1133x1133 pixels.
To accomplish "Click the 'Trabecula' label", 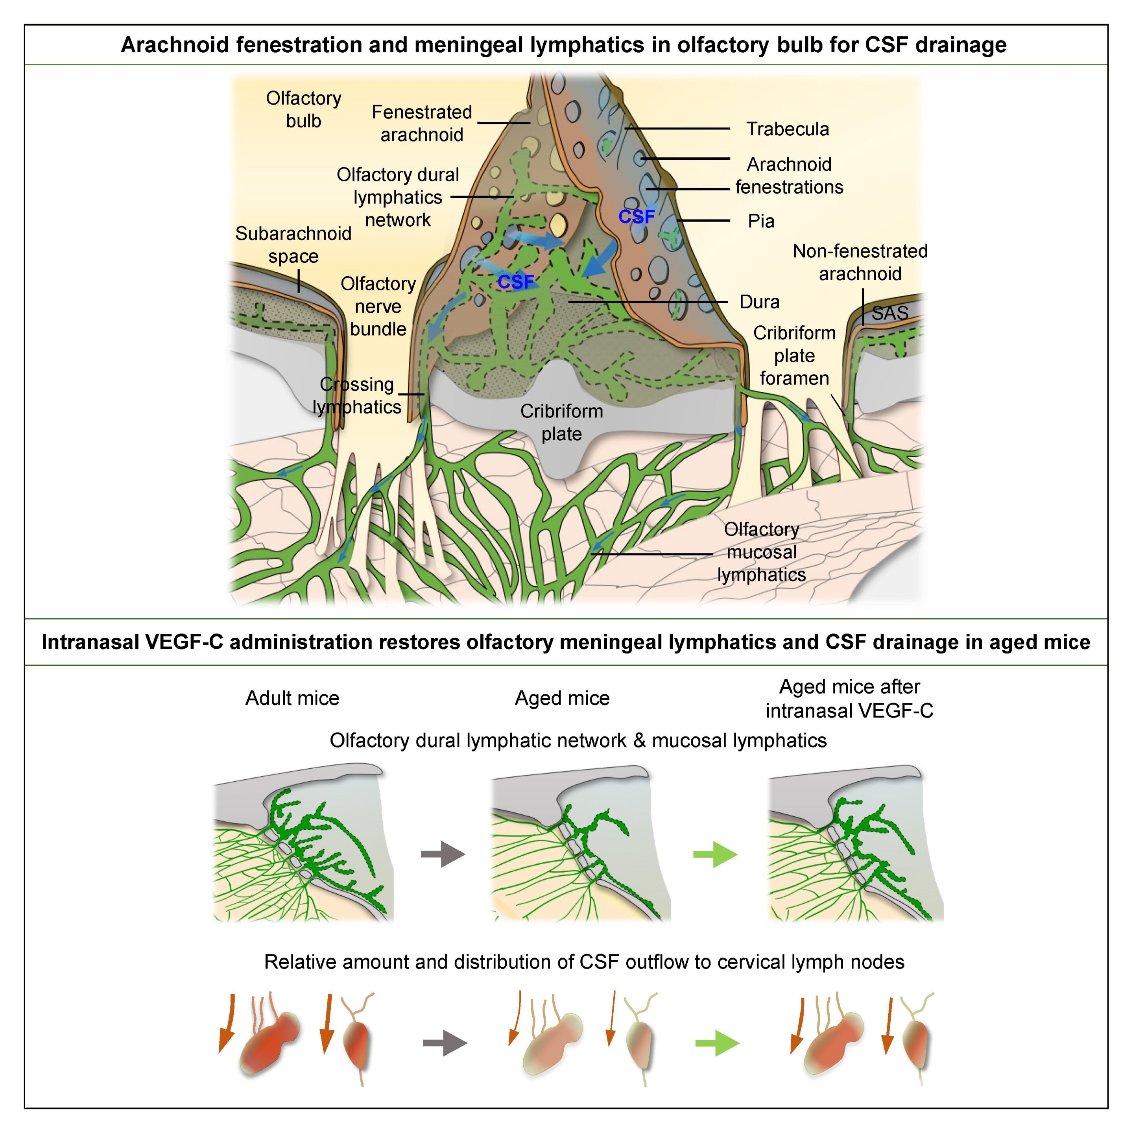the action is click(x=788, y=129).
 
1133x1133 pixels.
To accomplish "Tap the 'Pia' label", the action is click(x=761, y=221).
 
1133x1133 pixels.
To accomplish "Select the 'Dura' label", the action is click(x=759, y=302).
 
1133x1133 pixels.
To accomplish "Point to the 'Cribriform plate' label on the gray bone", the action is click(x=562, y=422).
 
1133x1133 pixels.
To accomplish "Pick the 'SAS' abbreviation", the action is click(x=889, y=313).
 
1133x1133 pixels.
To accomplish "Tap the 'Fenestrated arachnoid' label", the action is click(x=422, y=123).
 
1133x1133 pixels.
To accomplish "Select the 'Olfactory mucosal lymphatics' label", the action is click(x=761, y=552).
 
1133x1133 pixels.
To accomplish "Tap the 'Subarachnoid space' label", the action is click(x=293, y=245).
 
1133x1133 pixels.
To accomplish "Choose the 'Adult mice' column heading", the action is click(x=292, y=698).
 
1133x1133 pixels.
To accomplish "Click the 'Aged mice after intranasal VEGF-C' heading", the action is click(x=849, y=698).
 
